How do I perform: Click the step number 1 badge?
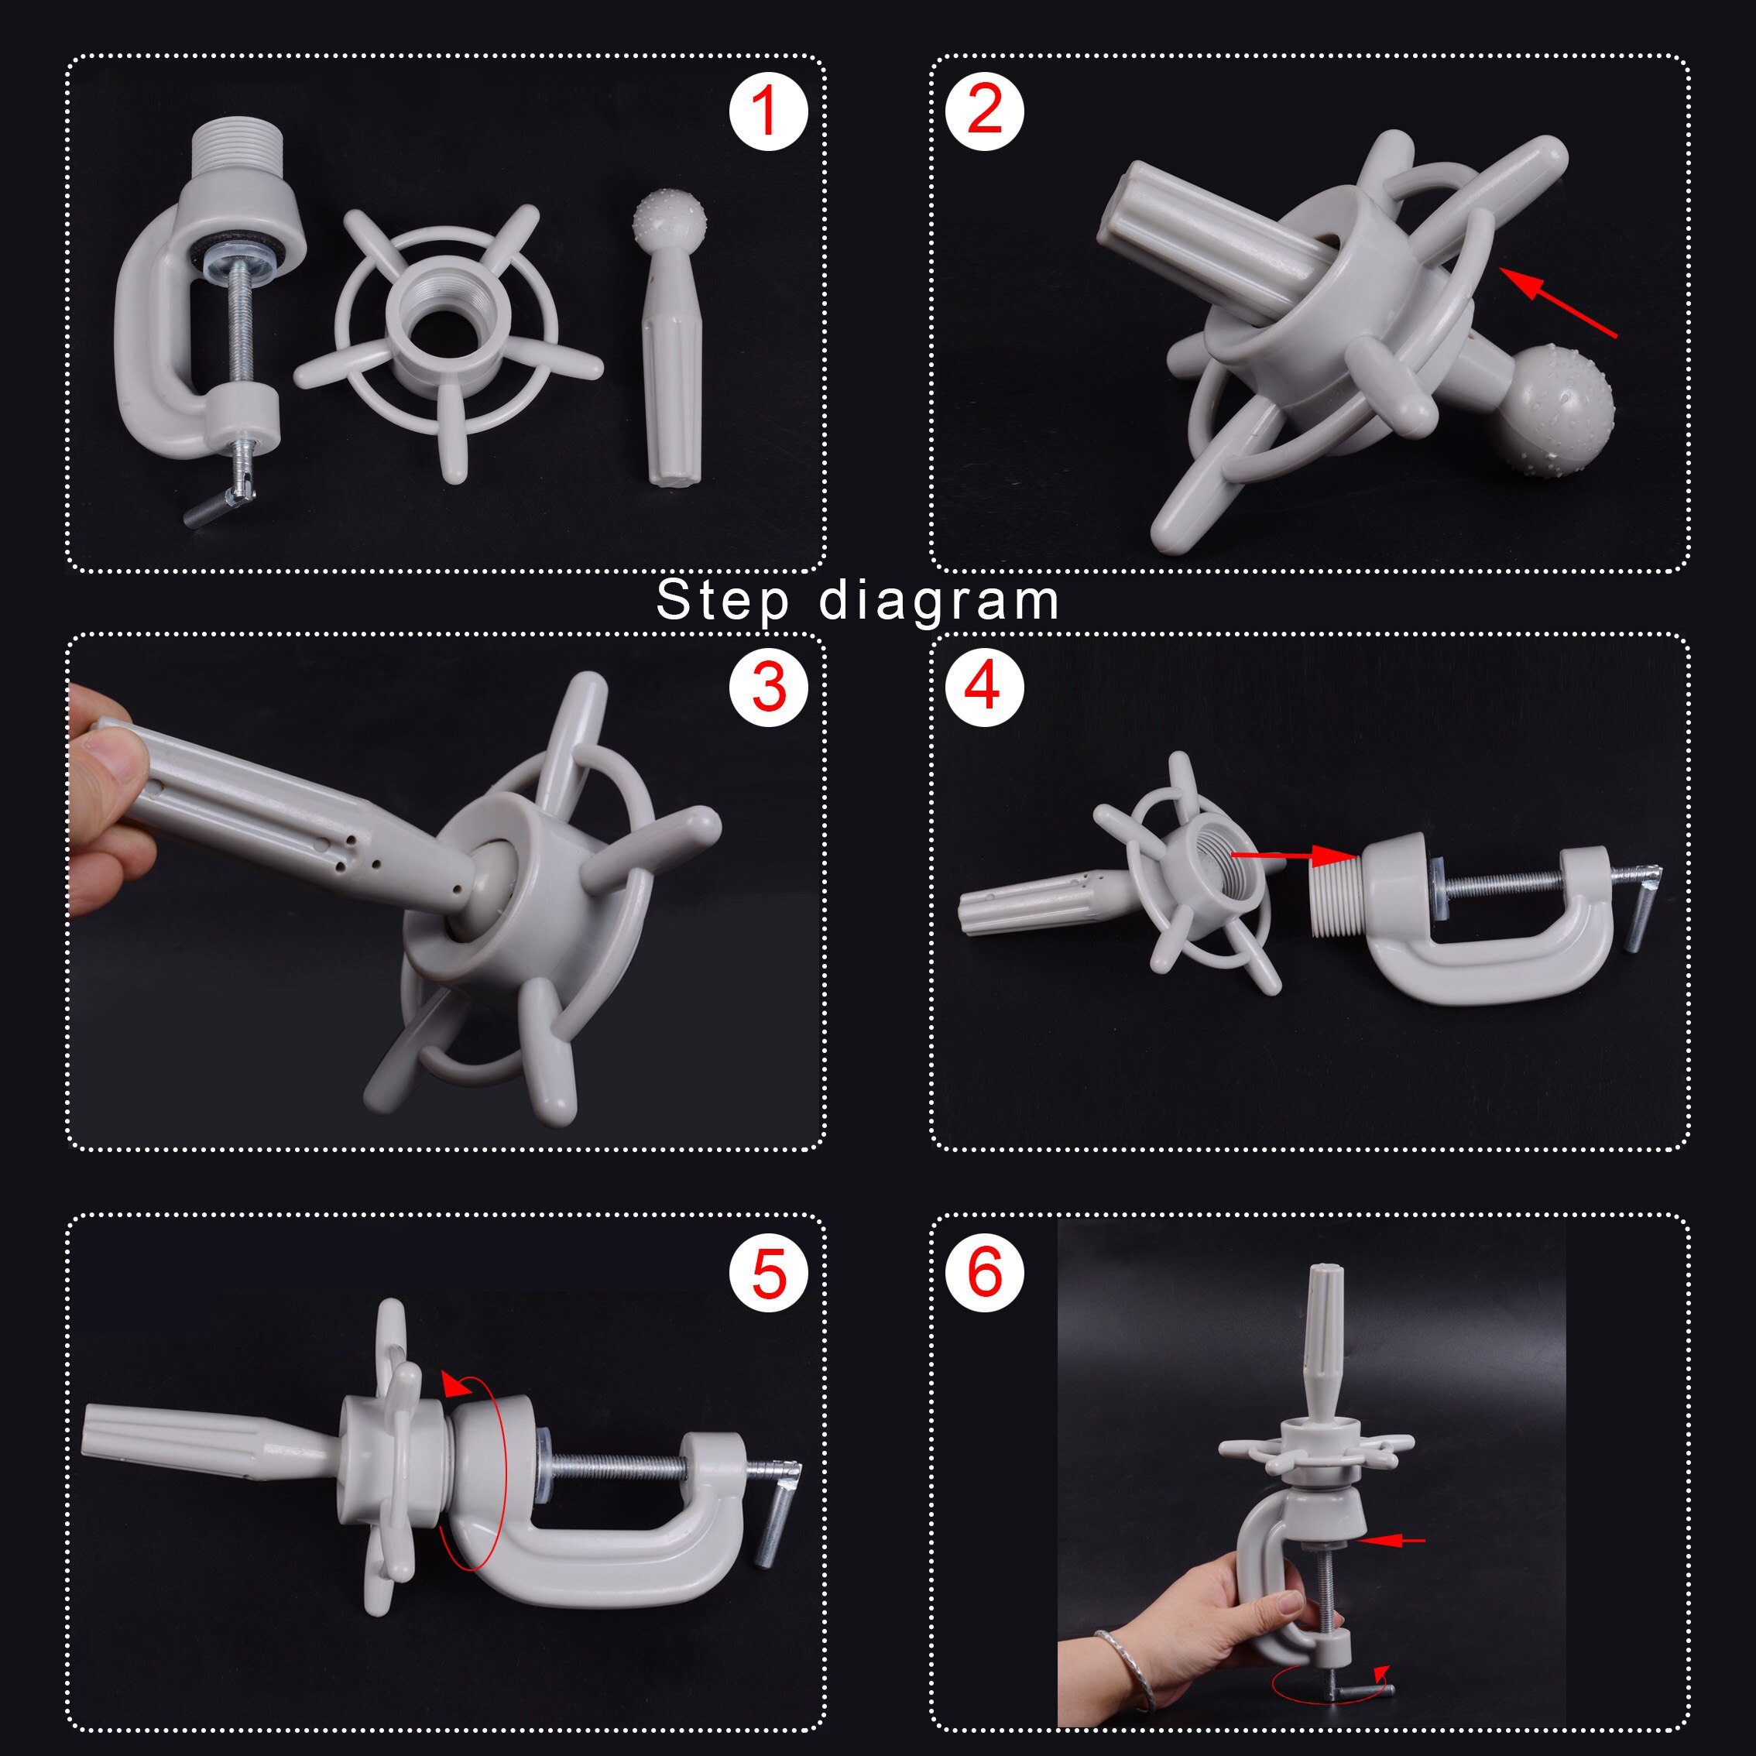(768, 113)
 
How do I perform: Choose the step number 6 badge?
(984, 1271)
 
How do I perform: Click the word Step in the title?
(722, 602)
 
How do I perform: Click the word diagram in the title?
(939, 602)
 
